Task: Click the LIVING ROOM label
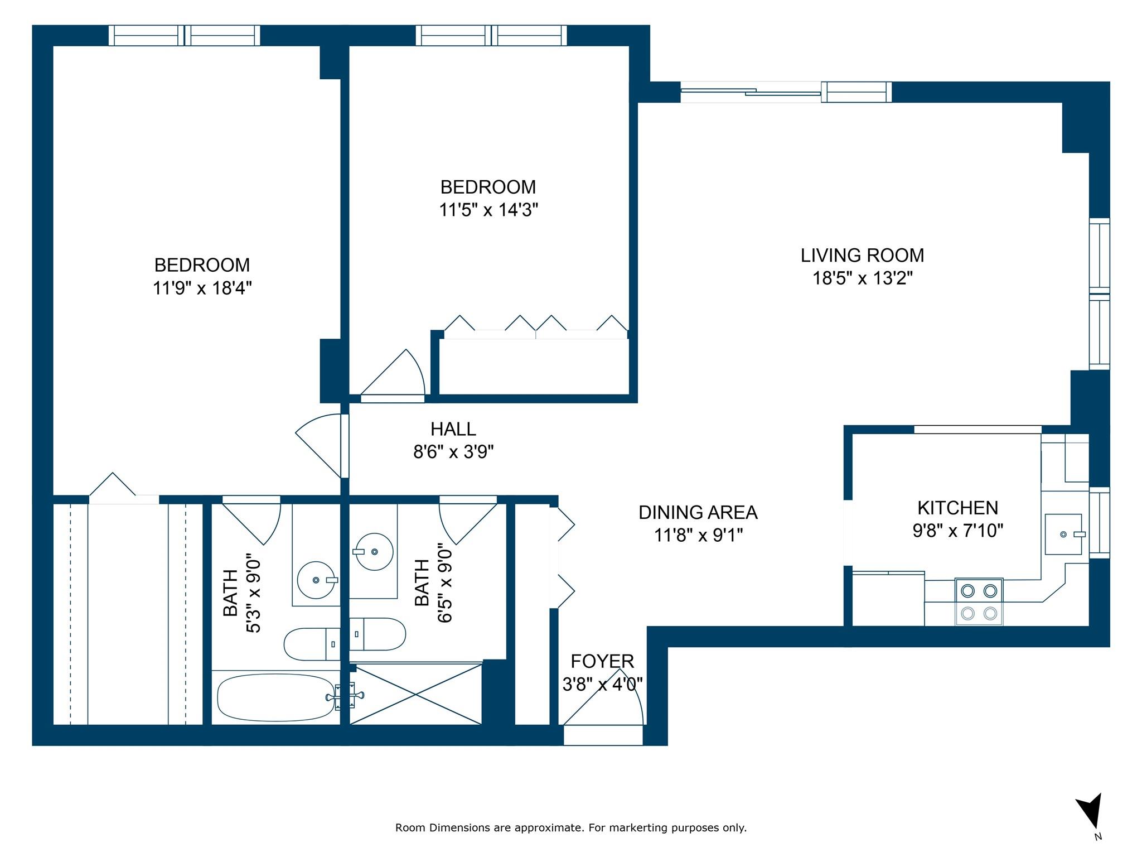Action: tap(862, 256)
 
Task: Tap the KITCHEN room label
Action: tap(957, 508)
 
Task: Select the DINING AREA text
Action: tap(698, 512)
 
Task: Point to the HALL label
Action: tap(453, 429)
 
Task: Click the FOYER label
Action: tap(602, 661)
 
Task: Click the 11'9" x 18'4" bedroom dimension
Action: tap(202, 288)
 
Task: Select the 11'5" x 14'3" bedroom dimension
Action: tap(488, 210)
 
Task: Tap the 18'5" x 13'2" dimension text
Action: tap(862, 278)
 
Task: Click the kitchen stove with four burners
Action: tap(979, 601)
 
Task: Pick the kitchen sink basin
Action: tap(1063, 535)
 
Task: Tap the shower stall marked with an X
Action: tap(415, 694)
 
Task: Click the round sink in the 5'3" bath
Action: tap(316, 580)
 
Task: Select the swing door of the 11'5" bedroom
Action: tap(393, 374)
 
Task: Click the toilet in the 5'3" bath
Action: tap(312, 644)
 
